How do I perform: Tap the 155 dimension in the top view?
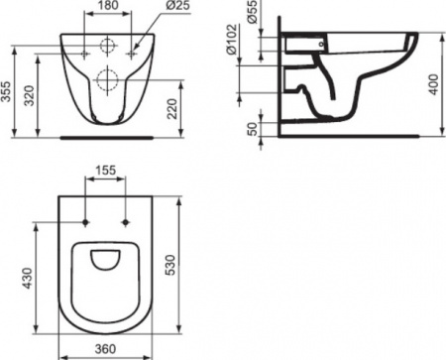tap(108, 171)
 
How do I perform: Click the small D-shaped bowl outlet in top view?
tap(108, 261)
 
